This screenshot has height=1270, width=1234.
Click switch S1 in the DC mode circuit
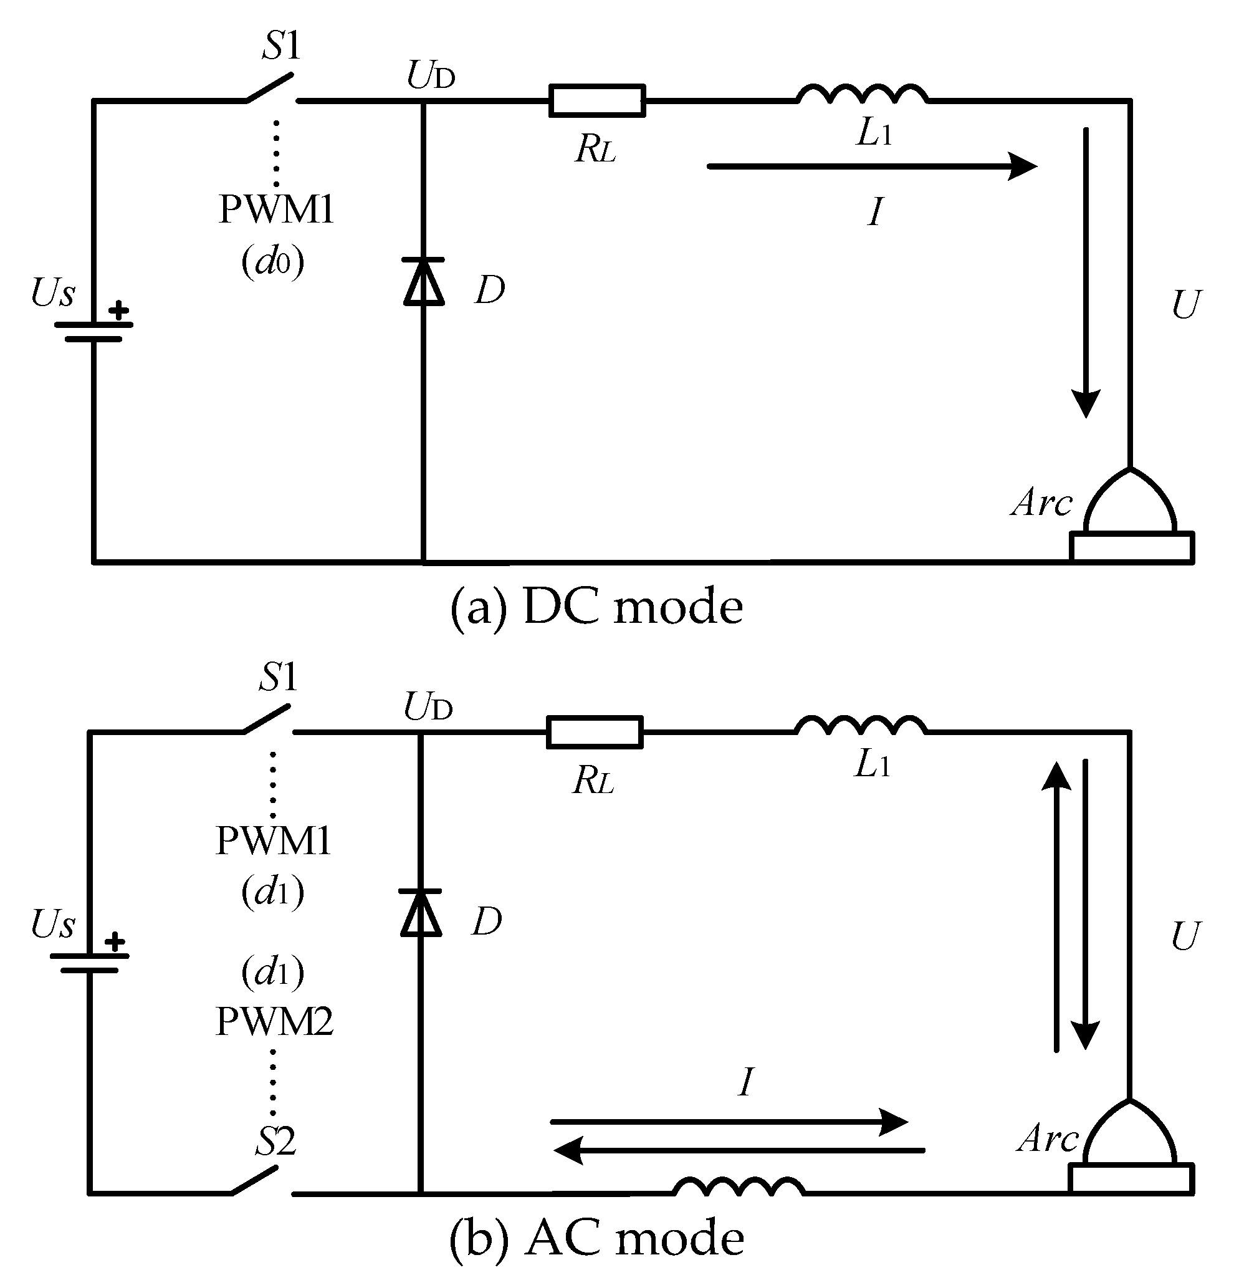point(271,89)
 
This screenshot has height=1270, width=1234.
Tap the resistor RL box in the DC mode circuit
point(597,101)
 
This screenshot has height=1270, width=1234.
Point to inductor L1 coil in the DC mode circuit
point(863,95)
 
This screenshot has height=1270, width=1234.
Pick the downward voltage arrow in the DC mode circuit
point(1086,272)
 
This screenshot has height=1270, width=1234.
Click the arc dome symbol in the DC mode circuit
point(1130,503)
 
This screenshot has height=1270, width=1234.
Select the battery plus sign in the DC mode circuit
point(118,310)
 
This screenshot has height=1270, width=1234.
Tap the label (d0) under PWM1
point(273,262)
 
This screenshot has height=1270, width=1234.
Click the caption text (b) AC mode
point(596,1238)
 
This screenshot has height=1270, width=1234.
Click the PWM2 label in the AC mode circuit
point(274,1022)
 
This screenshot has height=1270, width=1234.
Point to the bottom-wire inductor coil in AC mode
point(739,1187)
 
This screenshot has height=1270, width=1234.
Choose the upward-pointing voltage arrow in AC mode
point(1056,908)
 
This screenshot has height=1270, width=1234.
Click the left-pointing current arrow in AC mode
point(739,1151)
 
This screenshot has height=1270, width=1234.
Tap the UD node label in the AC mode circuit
point(428,707)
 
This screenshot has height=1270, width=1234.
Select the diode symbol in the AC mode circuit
point(421,914)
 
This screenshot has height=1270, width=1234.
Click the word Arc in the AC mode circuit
point(1046,1139)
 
